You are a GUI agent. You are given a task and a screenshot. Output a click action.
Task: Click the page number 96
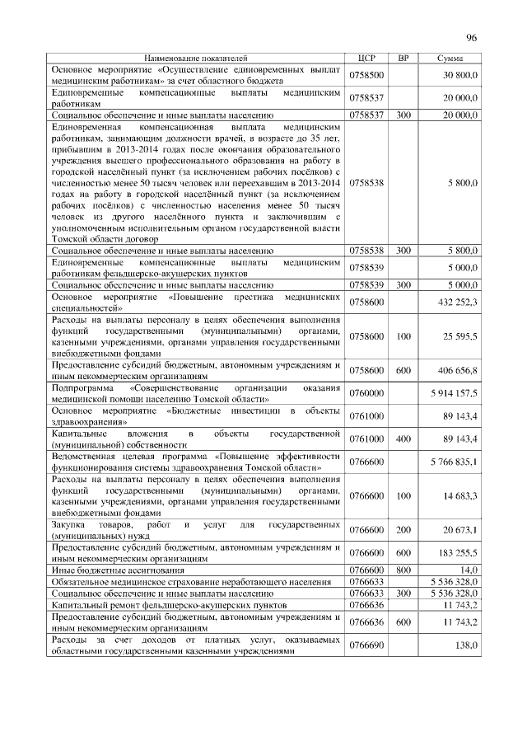click(x=472, y=38)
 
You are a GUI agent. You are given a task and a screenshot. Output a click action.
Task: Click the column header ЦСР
click(x=367, y=59)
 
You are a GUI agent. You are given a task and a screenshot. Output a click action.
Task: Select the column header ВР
click(x=403, y=59)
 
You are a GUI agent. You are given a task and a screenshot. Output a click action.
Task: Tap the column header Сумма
click(x=450, y=59)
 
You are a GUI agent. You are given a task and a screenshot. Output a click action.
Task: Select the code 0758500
click(x=366, y=75)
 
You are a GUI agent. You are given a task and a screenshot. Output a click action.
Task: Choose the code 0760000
click(x=366, y=394)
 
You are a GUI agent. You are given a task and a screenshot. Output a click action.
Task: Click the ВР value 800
click(x=403, y=569)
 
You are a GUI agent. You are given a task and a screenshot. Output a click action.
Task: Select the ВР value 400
click(x=403, y=439)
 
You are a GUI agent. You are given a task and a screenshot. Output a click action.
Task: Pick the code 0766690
click(x=366, y=644)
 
